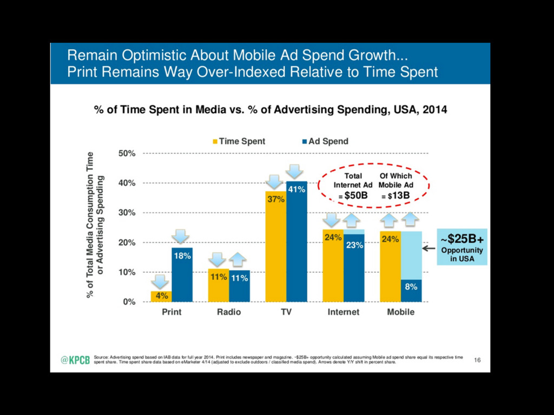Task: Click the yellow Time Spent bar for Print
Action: (x=161, y=296)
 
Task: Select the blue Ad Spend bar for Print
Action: (x=182, y=275)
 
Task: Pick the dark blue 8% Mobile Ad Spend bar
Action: (x=411, y=291)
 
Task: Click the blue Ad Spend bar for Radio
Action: (x=239, y=286)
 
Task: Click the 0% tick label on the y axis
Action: (x=129, y=302)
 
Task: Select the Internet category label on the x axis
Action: (x=344, y=312)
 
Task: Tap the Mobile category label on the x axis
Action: (x=401, y=312)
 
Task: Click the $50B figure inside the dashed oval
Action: (x=356, y=196)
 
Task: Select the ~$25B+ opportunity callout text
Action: (x=461, y=238)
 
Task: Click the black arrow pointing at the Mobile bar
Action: (x=429, y=249)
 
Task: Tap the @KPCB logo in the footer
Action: (x=75, y=361)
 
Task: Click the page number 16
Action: (x=477, y=360)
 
